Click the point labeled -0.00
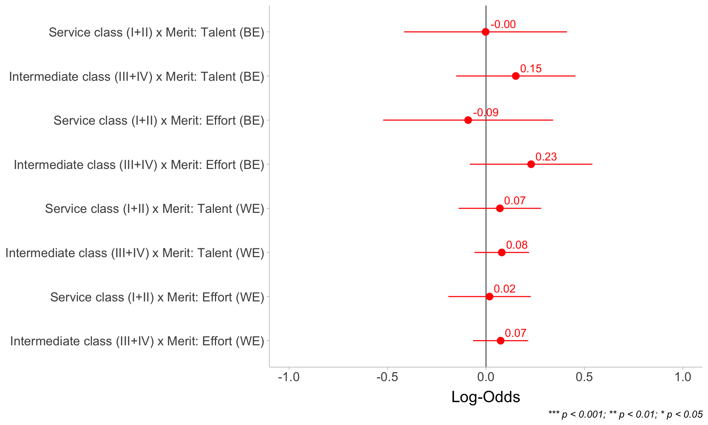(x=485, y=32)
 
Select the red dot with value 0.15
(x=516, y=76)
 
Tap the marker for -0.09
(x=468, y=120)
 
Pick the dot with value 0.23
(x=531, y=164)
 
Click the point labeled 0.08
(x=502, y=252)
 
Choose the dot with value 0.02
(x=489, y=297)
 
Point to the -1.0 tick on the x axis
(x=289, y=377)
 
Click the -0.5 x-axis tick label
(x=387, y=377)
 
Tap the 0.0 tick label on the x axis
(x=486, y=377)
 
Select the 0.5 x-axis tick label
(x=584, y=377)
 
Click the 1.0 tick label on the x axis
(x=683, y=377)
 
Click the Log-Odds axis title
(x=486, y=397)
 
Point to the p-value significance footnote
(x=625, y=415)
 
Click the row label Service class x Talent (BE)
(x=156, y=32)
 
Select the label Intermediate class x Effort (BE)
(x=139, y=165)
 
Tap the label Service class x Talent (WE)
(x=155, y=209)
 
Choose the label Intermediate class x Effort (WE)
(x=137, y=341)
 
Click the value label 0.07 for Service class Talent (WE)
(x=514, y=201)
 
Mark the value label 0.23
(x=546, y=157)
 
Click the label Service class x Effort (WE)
(x=157, y=297)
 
